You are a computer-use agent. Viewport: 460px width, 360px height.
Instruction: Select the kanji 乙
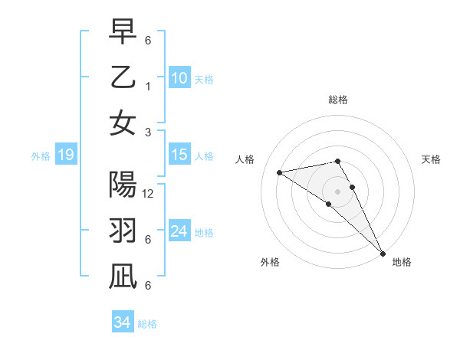[x=123, y=77]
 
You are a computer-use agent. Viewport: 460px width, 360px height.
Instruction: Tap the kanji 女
[x=123, y=123]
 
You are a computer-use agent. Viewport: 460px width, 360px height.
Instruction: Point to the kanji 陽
[x=123, y=184]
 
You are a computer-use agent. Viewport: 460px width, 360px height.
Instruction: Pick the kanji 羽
[x=123, y=231]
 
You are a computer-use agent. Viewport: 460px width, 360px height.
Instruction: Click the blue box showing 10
[x=179, y=78]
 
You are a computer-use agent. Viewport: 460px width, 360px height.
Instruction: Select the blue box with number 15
[x=179, y=155]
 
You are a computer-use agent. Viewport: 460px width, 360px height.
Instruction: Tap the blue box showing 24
[x=179, y=232]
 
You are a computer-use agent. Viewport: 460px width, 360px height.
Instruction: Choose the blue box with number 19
[x=65, y=155]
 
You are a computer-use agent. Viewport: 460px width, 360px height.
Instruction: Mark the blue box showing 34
[x=122, y=322]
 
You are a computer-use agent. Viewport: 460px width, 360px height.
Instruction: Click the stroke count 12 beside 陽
[x=149, y=194]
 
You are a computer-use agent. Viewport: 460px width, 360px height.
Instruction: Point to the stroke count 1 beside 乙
[x=148, y=87]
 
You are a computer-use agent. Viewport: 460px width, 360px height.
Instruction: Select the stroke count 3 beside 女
[x=148, y=132]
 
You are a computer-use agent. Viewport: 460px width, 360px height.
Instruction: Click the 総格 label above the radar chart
[x=338, y=100]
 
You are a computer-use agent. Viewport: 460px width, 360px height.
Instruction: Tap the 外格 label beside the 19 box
[x=41, y=156]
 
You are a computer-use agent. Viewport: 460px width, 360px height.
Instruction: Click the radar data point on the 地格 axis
[x=383, y=253]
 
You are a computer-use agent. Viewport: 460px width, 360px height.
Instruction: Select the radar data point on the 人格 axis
[x=280, y=172]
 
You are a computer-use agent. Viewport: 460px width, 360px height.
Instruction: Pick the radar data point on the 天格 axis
[x=353, y=187]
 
